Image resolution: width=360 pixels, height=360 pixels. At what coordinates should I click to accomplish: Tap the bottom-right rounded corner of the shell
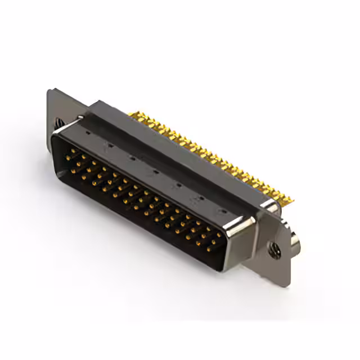click(217, 267)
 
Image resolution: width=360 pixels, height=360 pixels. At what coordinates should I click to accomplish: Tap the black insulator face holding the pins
click(135, 197)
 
